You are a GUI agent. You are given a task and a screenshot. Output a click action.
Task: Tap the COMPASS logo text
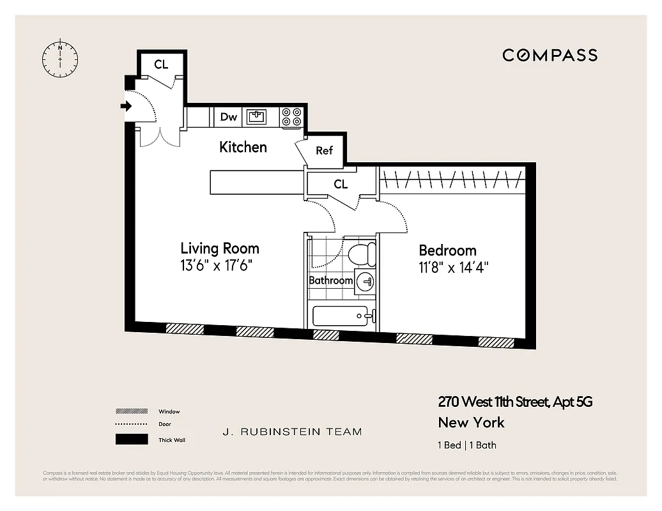[x=550, y=55]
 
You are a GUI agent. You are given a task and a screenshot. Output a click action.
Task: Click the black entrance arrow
[x=127, y=106]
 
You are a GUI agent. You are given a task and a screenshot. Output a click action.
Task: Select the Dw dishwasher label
[x=228, y=117]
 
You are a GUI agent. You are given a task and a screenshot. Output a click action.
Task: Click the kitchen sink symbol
[x=258, y=117]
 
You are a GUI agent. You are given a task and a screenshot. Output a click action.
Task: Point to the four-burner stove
[x=292, y=117]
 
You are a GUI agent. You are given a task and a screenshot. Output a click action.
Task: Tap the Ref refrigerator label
[x=324, y=151]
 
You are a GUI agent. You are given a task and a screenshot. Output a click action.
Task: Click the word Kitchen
[x=243, y=147]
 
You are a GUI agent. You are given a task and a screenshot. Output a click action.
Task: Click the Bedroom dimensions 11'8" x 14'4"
[x=454, y=268]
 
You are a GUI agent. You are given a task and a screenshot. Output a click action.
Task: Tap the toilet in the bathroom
[x=362, y=254]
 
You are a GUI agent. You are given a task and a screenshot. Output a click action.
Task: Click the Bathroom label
[x=330, y=280]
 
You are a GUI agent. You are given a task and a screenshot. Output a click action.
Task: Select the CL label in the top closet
[x=161, y=65]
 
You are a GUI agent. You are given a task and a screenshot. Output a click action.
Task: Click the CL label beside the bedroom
[x=341, y=185]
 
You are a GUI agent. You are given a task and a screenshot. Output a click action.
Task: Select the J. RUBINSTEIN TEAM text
[x=292, y=432]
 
